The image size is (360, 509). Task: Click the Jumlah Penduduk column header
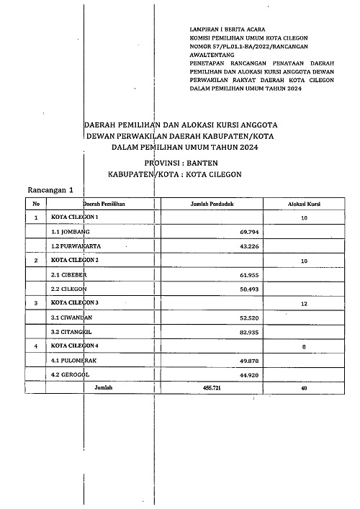(211, 204)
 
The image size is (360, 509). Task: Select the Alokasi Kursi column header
(304, 204)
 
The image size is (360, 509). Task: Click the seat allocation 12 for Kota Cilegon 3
(304, 305)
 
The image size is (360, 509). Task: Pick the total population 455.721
(211, 387)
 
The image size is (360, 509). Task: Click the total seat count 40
(304, 387)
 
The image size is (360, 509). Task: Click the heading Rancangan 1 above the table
(51, 190)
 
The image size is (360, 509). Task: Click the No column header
(36, 204)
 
